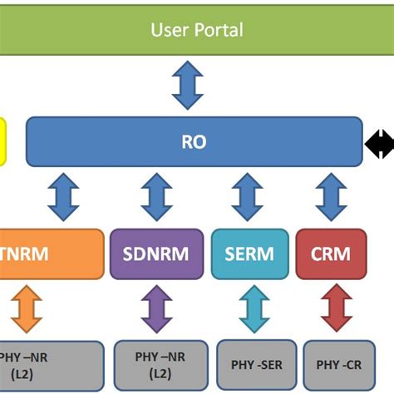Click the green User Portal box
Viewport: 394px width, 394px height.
[x=197, y=31]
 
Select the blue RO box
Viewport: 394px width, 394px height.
[x=195, y=142]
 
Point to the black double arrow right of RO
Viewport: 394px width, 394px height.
[x=379, y=145]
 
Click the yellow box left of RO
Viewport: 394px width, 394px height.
[x=2, y=142]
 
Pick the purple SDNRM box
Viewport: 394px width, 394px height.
[x=156, y=253]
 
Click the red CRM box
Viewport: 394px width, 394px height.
[x=331, y=253]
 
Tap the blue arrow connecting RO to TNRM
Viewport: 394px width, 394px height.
[x=64, y=197]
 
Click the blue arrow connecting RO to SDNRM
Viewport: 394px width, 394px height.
[x=156, y=197]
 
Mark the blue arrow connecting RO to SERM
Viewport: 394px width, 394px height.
[x=247, y=197]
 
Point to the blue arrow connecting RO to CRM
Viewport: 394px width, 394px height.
[x=332, y=197]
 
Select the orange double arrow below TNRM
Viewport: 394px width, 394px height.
[x=27, y=308]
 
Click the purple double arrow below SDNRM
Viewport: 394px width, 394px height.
[x=156, y=308]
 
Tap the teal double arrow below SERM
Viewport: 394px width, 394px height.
[x=255, y=308]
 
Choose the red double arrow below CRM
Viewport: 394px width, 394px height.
[x=337, y=308]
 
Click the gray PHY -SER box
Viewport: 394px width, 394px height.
[x=256, y=364]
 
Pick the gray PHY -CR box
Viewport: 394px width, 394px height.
[x=338, y=364]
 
